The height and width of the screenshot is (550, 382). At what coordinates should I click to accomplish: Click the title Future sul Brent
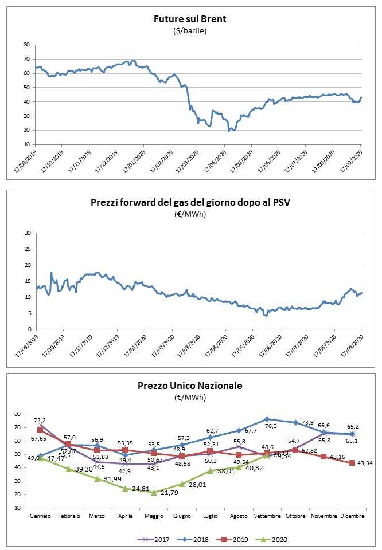click(190, 19)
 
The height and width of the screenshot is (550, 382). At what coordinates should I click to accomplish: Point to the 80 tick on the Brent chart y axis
click(26, 45)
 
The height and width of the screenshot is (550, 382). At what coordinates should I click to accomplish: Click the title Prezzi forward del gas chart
click(190, 202)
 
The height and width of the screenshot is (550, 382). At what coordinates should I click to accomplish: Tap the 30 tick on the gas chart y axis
click(26, 233)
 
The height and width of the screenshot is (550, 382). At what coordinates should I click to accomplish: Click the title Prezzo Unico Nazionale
click(190, 386)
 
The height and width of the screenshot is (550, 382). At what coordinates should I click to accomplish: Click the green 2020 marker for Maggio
click(154, 493)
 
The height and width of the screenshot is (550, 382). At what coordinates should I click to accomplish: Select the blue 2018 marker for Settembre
click(267, 419)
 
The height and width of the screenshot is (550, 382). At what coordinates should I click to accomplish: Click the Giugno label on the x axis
click(182, 516)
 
